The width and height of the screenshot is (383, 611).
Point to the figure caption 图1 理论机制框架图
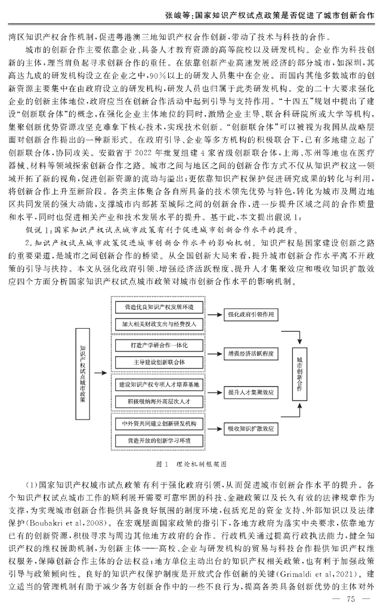pos(191,462)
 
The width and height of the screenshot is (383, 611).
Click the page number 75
pos(351,599)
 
